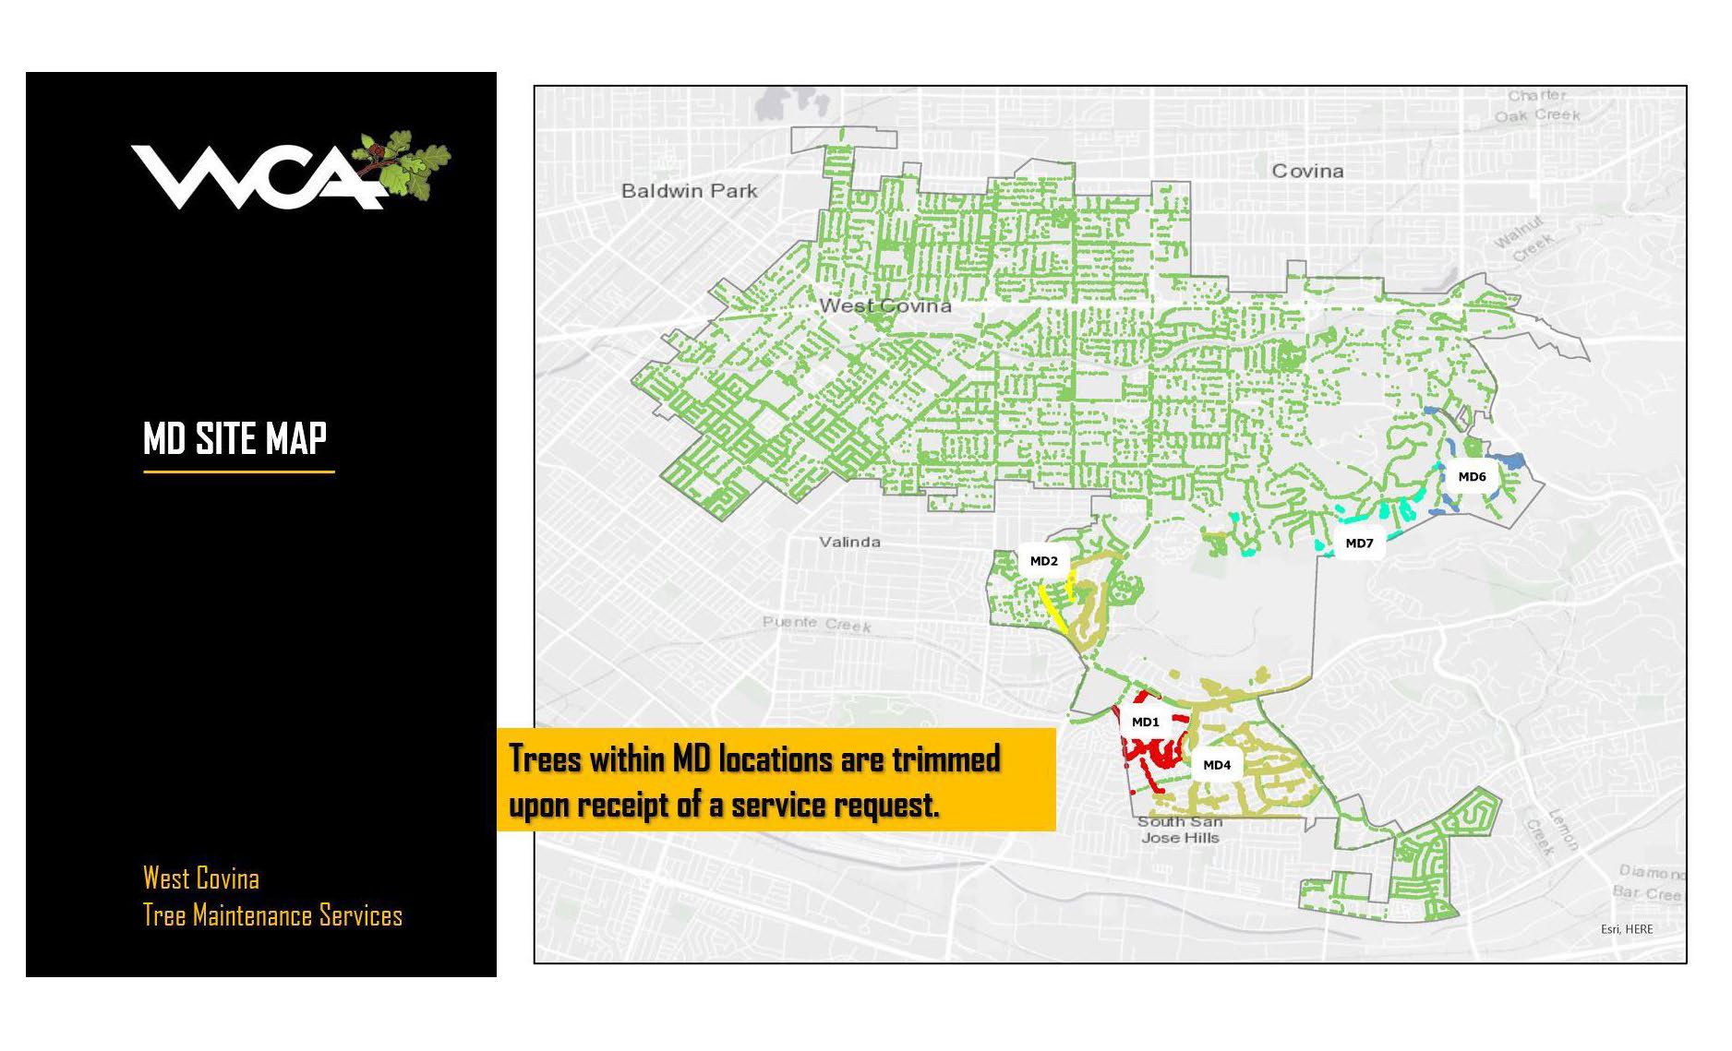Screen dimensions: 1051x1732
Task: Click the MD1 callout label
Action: [x=1145, y=723]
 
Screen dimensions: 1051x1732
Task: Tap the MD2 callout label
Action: [x=1043, y=561]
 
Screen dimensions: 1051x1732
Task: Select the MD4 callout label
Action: [x=1217, y=765]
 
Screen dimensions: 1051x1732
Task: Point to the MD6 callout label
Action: [x=1472, y=477]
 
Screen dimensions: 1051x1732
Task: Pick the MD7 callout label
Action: [x=1359, y=543]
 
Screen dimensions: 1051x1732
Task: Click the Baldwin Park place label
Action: [x=689, y=191]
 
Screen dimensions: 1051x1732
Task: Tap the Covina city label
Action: [x=1307, y=171]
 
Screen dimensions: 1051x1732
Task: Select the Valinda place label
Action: [x=849, y=542]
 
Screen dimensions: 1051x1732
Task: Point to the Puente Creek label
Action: [x=816, y=624]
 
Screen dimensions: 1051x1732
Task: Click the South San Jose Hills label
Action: [x=1180, y=830]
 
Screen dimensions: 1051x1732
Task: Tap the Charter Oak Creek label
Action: [x=1538, y=105]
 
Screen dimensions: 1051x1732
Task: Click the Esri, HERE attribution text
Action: [x=1627, y=929]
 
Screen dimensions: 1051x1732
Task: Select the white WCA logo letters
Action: [x=254, y=177]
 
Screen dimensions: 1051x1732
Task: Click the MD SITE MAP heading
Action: [x=235, y=437]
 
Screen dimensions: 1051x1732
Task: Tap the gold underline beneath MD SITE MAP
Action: [x=238, y=472]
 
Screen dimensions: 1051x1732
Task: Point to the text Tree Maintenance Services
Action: [x=272, y=915]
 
